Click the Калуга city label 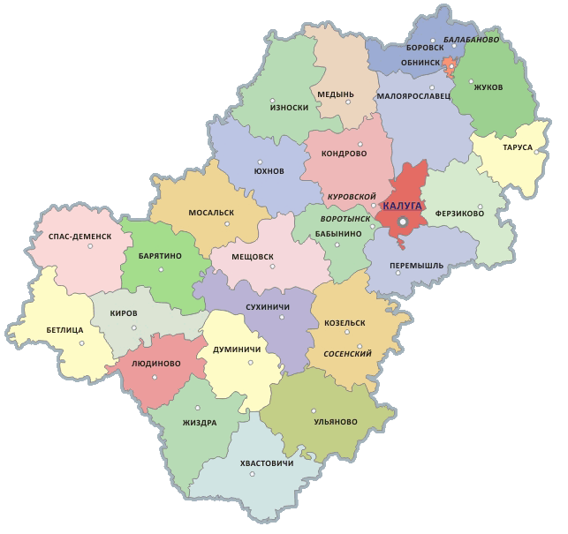404,206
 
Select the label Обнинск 420,64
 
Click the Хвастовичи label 266,463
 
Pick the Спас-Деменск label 73,237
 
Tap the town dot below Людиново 155,378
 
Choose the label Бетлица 65,329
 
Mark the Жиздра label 200,422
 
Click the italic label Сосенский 347,353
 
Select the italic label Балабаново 471,40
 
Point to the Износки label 289,108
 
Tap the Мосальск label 211,213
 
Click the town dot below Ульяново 314,409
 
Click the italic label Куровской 352,196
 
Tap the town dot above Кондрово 359,143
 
